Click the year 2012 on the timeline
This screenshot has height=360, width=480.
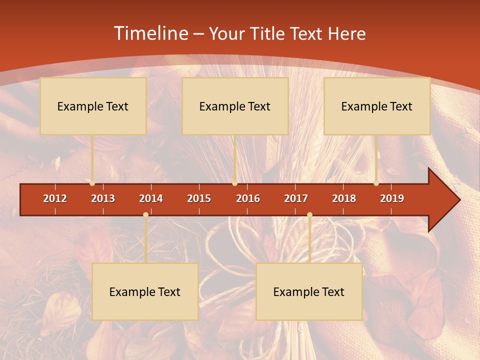coord(55,198)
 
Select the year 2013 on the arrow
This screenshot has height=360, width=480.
coord(103,198)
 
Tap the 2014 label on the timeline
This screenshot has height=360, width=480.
coord(151,198)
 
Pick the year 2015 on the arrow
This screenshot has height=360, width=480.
coord(199,198)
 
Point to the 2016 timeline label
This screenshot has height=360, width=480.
coord(248,198)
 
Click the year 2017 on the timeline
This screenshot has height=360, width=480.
coord(296,198)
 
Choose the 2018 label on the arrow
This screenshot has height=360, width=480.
coord(344,198)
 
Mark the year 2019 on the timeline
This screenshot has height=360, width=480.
coord(392,198)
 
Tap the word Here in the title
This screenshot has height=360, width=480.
coord(346,33)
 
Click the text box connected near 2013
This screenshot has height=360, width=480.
coord(93,106)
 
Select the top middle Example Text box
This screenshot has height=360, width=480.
coord(235,106)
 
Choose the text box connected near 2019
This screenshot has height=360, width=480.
coord(377,106)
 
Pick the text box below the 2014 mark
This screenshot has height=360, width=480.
coord(145,291)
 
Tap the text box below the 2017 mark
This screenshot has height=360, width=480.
coord(309,291)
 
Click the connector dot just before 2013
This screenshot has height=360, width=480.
coord(92,183)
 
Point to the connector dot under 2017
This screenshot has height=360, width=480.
coord(309,215)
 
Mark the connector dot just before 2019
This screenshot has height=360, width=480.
coord(376,183)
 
